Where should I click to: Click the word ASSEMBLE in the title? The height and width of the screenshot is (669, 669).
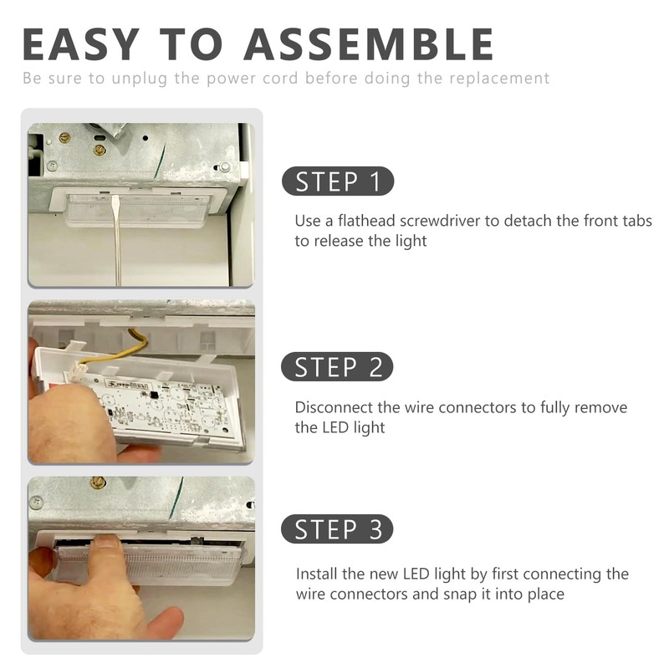pyautogui.click(x=369, y=44)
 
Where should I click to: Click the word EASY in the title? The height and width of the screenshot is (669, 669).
pyautogui.click(x=80, y=44)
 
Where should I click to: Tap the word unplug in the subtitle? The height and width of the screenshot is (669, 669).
pyautogui.click(x=139, y=79)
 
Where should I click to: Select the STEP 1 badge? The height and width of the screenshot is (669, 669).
pyautogui.click(x=338, y=181)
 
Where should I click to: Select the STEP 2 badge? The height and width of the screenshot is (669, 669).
pyautogui.click(x=337, y=367)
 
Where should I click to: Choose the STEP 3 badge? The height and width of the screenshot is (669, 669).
pyautogui.click(x=337, y=529)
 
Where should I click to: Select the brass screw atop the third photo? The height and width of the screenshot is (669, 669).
pyautogui.click(x=98, y=483)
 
